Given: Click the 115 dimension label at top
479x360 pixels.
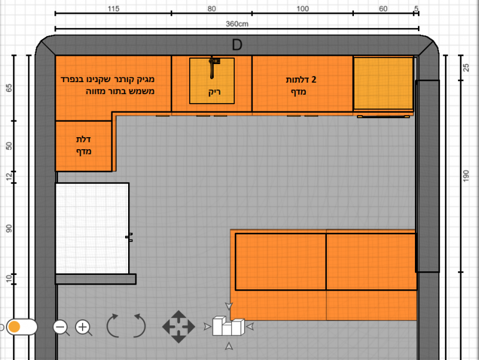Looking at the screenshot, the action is click(x=113, y=9).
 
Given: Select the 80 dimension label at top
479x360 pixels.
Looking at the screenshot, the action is click(x=211, y=9).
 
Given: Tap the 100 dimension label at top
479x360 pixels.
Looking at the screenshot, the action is click(x=302, y=9).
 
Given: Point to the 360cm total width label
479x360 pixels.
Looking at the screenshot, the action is click(x=237, y=24).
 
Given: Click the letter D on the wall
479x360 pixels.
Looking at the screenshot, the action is click(x=237, y=45).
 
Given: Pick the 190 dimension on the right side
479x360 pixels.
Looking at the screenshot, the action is click(x=466, y=176).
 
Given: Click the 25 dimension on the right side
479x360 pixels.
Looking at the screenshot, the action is click(x=466, y=68).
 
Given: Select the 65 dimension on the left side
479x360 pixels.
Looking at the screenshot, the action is click(x=9, y=88).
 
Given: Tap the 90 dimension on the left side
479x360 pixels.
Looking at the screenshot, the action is click(x=9, y=228).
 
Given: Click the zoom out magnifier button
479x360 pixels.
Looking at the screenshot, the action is click(x=61, y=328).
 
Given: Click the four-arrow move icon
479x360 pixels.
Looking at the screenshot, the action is click(x=178, y=326).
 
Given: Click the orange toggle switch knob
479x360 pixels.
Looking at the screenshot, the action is click(x=14, y=326).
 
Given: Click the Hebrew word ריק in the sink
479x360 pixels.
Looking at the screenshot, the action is click(x=214, y=92).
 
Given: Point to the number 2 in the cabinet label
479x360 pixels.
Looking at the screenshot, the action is click(x=313, y=80).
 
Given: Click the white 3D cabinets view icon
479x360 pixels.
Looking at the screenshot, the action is click(x=229, y=326).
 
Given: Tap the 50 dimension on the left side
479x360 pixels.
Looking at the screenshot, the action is click(x=9, y=146).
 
